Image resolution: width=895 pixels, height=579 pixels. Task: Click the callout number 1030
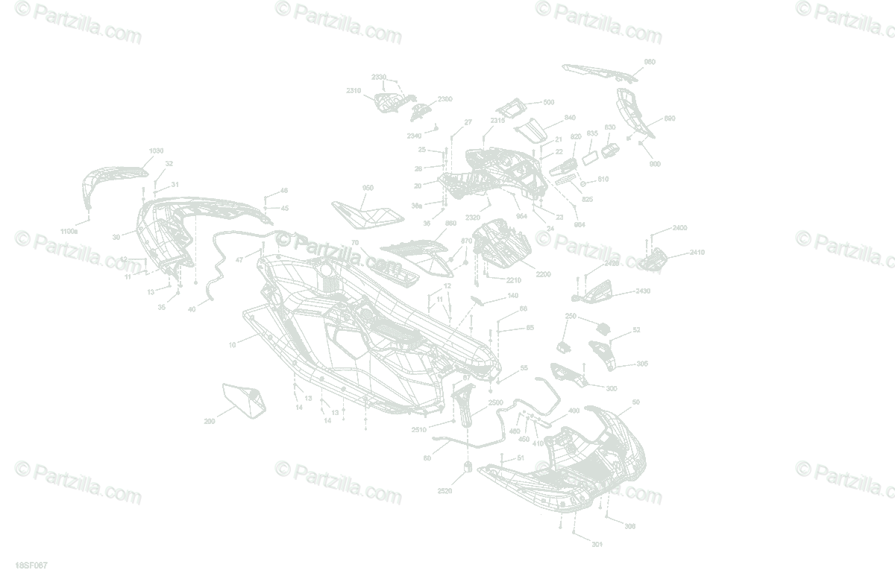(x=157, y=151)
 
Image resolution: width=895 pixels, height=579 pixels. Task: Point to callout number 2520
(x=445, y=491)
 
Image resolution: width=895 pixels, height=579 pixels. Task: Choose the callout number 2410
(x=697, y=253)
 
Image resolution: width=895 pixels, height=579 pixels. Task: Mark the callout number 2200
(x=543, y=274)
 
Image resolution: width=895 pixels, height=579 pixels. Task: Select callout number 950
(x=368, y=188)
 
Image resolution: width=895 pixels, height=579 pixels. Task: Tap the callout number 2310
(x=354, y=91)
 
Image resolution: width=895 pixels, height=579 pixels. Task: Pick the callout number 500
(x=548, y=102)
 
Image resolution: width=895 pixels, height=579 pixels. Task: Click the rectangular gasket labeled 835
(x=589, y=157)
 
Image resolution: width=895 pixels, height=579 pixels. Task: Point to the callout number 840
(x=570, y=118)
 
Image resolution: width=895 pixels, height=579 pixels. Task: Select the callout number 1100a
(x=69, y=231)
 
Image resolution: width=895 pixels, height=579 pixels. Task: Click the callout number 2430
(x=642, y=291)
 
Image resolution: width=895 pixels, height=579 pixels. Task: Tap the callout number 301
(x=597, y=545)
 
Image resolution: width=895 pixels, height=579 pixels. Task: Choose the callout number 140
(x=512, y=296)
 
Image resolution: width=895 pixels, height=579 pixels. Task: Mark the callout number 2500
(x=496, y=402)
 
